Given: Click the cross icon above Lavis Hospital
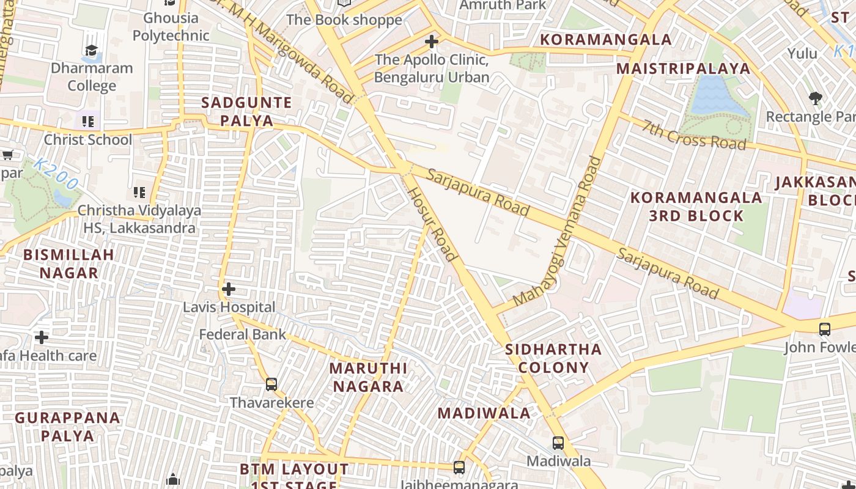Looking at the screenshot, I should click(229, 289).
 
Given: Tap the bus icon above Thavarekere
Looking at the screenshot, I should click(271, 384).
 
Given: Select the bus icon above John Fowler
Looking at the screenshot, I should click(824, 329).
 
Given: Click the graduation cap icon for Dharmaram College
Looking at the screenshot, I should click(91, 50).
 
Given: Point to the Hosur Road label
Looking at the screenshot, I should click(432, 224).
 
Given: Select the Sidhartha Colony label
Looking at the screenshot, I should click(553, 358).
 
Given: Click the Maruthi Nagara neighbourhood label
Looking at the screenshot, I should click(368, 377).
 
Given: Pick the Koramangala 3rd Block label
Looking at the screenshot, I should click(696, 207).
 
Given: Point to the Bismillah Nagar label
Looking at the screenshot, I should click(68, 263).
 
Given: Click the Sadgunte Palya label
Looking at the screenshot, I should click(246, 111).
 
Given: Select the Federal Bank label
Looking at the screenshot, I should click(243, 334).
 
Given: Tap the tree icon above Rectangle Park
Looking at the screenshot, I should click(815, 98).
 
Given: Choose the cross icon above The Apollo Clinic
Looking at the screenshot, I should click(432, 42).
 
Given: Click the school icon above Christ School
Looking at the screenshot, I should click(88, 122).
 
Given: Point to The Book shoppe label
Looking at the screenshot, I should click(344, 20).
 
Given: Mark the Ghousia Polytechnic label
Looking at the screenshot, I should click(171, 26).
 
